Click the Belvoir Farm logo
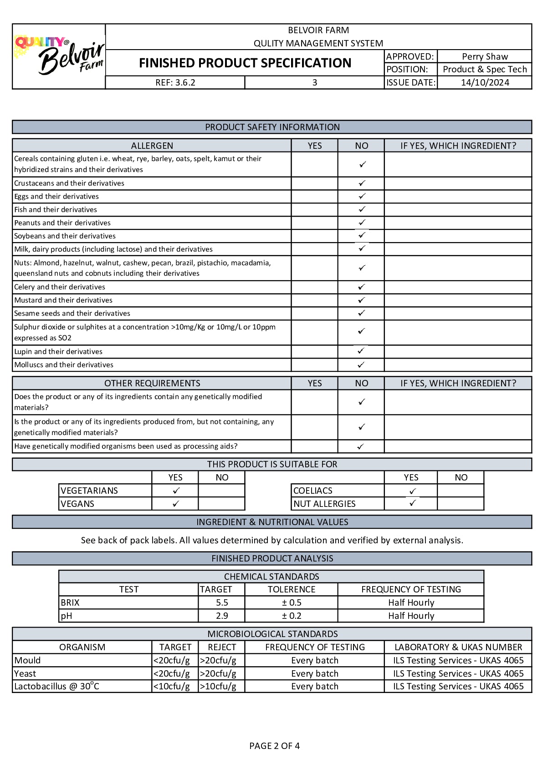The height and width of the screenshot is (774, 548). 59,56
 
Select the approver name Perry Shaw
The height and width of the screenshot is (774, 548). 484,56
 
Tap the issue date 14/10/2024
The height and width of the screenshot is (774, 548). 485,82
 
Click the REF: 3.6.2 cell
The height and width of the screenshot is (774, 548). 175,82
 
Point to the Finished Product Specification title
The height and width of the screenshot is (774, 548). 245,63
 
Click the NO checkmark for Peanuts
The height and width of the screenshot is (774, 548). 362,223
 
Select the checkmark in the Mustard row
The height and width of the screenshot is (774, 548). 361,300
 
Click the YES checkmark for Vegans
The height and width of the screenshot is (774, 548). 176,504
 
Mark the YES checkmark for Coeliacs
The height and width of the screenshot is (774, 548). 412,491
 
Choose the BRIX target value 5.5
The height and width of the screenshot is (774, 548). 222,602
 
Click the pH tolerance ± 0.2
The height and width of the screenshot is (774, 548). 292,616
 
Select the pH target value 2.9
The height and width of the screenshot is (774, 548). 222,616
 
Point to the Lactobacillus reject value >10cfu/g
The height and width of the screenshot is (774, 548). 218,686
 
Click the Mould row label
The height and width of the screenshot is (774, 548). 27,660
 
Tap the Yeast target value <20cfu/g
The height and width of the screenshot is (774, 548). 172,673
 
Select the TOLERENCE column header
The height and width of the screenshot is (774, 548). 292,589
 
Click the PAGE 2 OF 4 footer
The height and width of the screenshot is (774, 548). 274,746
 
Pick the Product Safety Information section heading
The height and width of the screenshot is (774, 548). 272,127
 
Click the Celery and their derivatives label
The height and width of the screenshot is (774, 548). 60,287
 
